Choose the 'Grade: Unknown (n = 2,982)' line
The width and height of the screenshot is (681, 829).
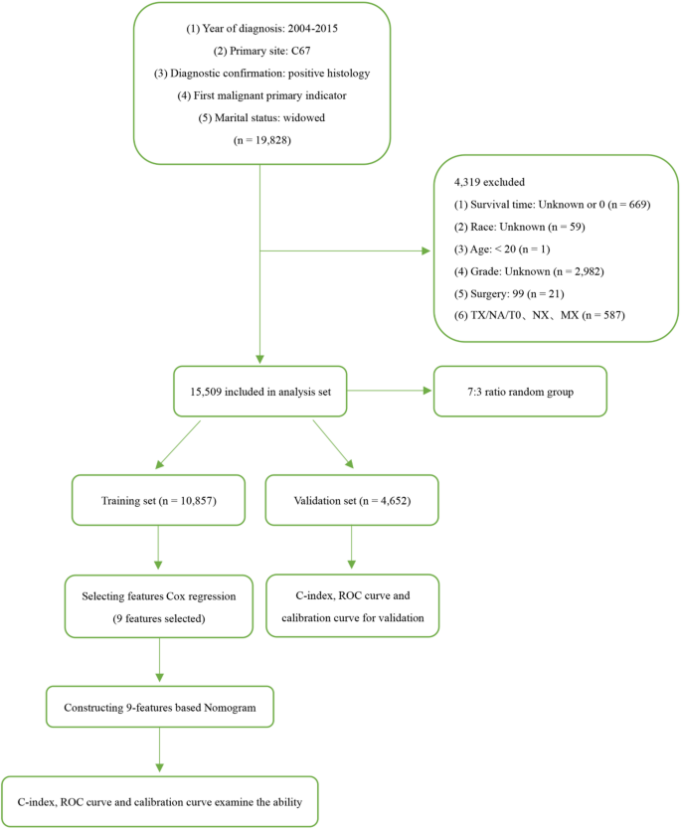[520, 271]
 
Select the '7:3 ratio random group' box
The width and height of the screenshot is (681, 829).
[520, 393]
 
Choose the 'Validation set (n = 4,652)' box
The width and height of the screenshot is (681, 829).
[352, 500]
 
